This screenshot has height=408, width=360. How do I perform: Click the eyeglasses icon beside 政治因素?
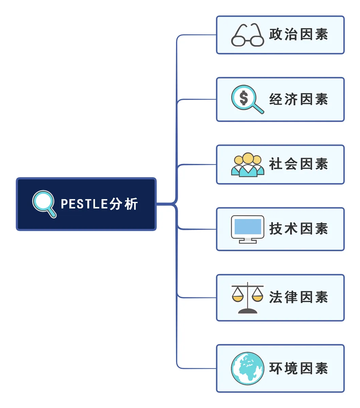[247, 35]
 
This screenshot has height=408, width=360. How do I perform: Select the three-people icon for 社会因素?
[248, 165]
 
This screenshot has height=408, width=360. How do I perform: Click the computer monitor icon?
[248, 229]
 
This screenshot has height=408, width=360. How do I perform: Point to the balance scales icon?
[247, 297]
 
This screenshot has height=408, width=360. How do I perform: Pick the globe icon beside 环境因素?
[248, 368]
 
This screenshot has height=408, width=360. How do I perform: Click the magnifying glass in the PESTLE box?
[44, 204]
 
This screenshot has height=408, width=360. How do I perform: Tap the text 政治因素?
[298, 35]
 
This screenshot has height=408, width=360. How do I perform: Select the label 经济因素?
[298, 99]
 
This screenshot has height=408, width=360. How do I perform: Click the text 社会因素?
[298, 164]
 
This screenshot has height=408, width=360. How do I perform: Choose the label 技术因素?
[298, 229]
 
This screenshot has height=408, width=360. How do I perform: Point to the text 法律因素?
[298, 297]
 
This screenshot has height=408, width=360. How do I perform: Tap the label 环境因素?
[298, 368]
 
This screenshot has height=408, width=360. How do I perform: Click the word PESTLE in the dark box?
[84, 204]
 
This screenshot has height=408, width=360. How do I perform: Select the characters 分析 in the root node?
[123, 204]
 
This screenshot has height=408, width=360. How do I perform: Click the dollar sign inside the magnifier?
[244, 98]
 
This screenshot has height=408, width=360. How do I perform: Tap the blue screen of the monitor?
[248, 226]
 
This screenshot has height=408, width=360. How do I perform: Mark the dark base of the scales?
[248, 311]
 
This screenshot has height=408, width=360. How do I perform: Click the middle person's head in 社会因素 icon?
[248, 158]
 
